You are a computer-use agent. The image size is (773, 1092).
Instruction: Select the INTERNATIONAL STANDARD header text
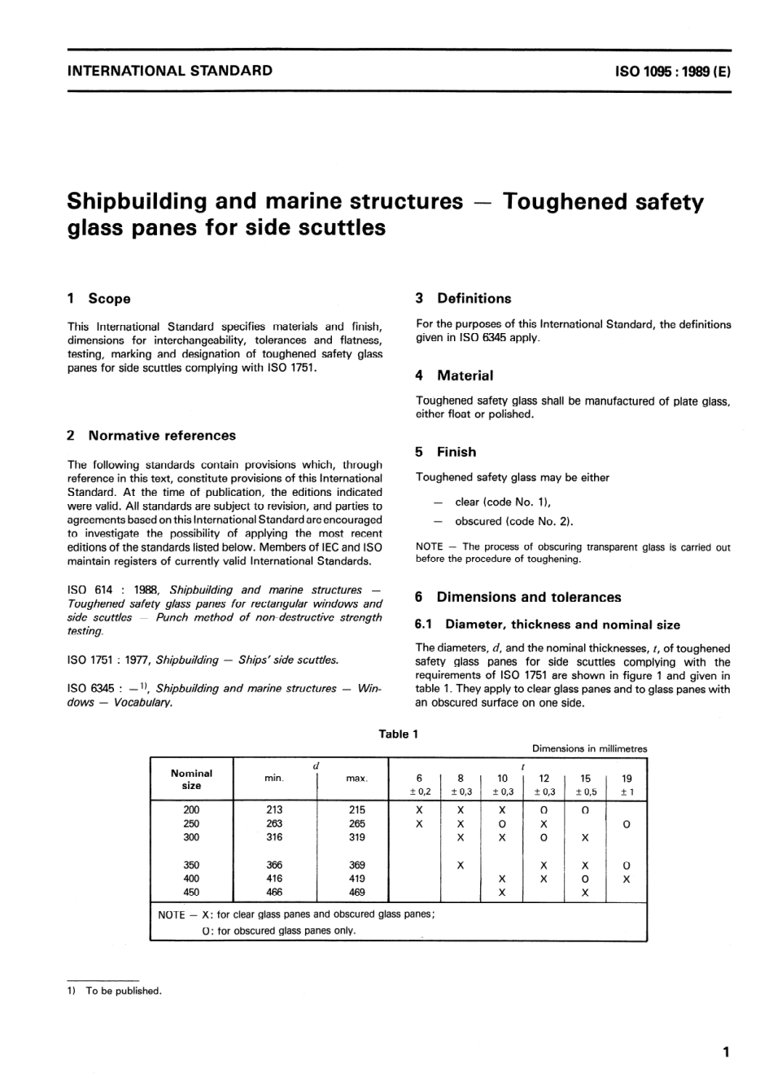(x=169, y=70)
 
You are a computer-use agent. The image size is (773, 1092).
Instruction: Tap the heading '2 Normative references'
(x=151, y=436)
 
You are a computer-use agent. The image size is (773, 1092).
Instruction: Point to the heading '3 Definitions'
(x=464, y=298)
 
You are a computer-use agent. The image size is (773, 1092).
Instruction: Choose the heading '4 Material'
(x=455, y=375)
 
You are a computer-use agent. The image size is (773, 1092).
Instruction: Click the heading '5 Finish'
(x=446, y=452)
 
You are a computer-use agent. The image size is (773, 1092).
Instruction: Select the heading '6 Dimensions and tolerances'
(x=518, y=597)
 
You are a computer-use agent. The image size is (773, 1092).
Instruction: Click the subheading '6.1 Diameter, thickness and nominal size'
(x=548, y=625)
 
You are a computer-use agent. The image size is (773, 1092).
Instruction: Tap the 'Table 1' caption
(x=399, y=734)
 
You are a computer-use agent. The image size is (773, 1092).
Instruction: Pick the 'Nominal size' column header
(x=191, y=779)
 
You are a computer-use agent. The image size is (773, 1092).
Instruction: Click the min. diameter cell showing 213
(x=274, y=809)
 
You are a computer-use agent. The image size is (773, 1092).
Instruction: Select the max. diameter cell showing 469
(x=356, y=892)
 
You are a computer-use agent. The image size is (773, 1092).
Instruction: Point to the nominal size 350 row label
(x=191, y=865)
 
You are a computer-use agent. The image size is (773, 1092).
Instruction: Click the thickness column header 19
(x=627, y=778)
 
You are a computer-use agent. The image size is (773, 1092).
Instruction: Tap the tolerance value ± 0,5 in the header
(x=585, y=792)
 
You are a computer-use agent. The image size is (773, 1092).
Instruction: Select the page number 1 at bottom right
(x=726, y=1052)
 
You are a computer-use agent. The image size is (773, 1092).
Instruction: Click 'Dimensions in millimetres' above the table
(x=590, y=748)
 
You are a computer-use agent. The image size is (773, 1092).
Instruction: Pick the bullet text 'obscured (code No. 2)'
(x=513, y=522)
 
